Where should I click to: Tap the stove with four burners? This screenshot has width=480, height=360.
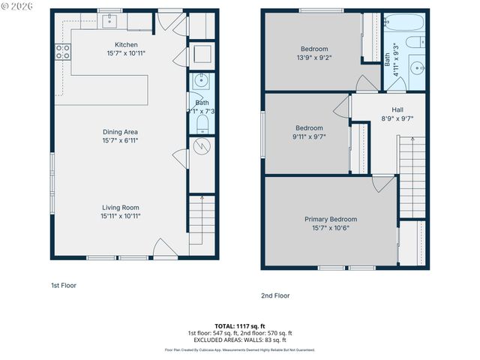coord(63,51)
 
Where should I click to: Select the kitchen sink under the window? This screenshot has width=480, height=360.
coord(109,19)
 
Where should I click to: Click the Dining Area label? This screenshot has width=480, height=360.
coord(121,132)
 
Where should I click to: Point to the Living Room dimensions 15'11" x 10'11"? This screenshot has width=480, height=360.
coord(121,215)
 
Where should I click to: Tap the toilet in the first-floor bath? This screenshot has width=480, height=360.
coord(202,123)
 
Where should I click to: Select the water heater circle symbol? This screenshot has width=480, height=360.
coord(201,146)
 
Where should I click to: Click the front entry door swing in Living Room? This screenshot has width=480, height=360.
coord(164,247)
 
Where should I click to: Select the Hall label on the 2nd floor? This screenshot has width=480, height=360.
coord(397,109)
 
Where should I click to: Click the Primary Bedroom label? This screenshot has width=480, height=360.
coord(331,219)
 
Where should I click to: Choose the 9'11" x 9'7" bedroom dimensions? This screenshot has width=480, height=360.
coord(309,136)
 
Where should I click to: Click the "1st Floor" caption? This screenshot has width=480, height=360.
coord(63,285)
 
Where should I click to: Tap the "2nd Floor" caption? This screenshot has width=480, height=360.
coord(275,295)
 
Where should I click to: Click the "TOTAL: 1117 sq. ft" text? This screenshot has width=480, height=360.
coord(240,326)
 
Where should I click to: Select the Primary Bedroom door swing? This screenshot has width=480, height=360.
coord(382,182)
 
